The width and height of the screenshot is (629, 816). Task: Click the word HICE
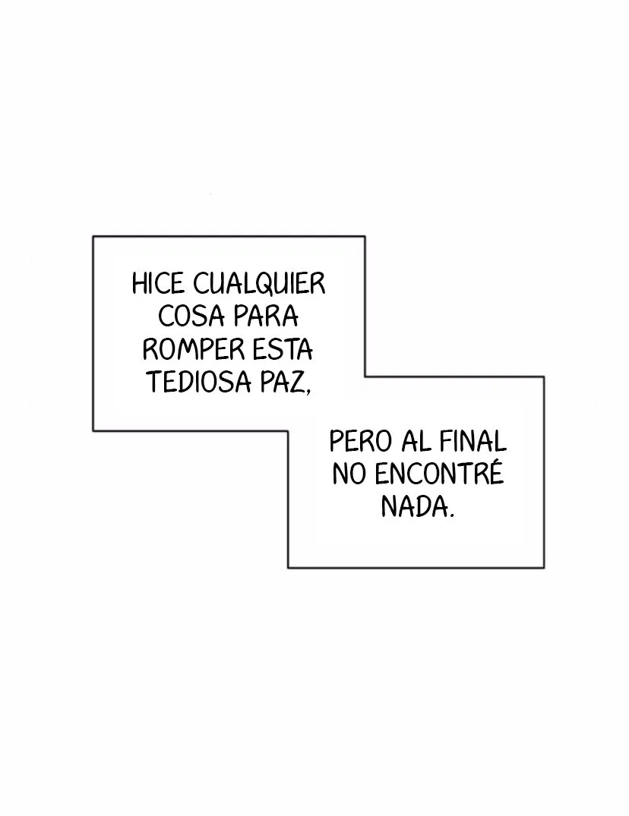pyautogui.click(x=158, y=284)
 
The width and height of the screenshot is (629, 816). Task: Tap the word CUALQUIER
pyautogui.click(x=259, y=285)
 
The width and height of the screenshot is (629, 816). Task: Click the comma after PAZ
pyautogui.click(x=307, y=390)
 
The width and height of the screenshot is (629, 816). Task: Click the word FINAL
pyautogui.click(x=473, y=441)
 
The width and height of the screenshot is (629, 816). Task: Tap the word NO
pyautogui.click(x=349, y=474)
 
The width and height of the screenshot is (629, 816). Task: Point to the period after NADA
pyautogui.click(x=451, y=515)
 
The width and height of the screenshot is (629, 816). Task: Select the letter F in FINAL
pyautogui.click(x=447, y=441)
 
